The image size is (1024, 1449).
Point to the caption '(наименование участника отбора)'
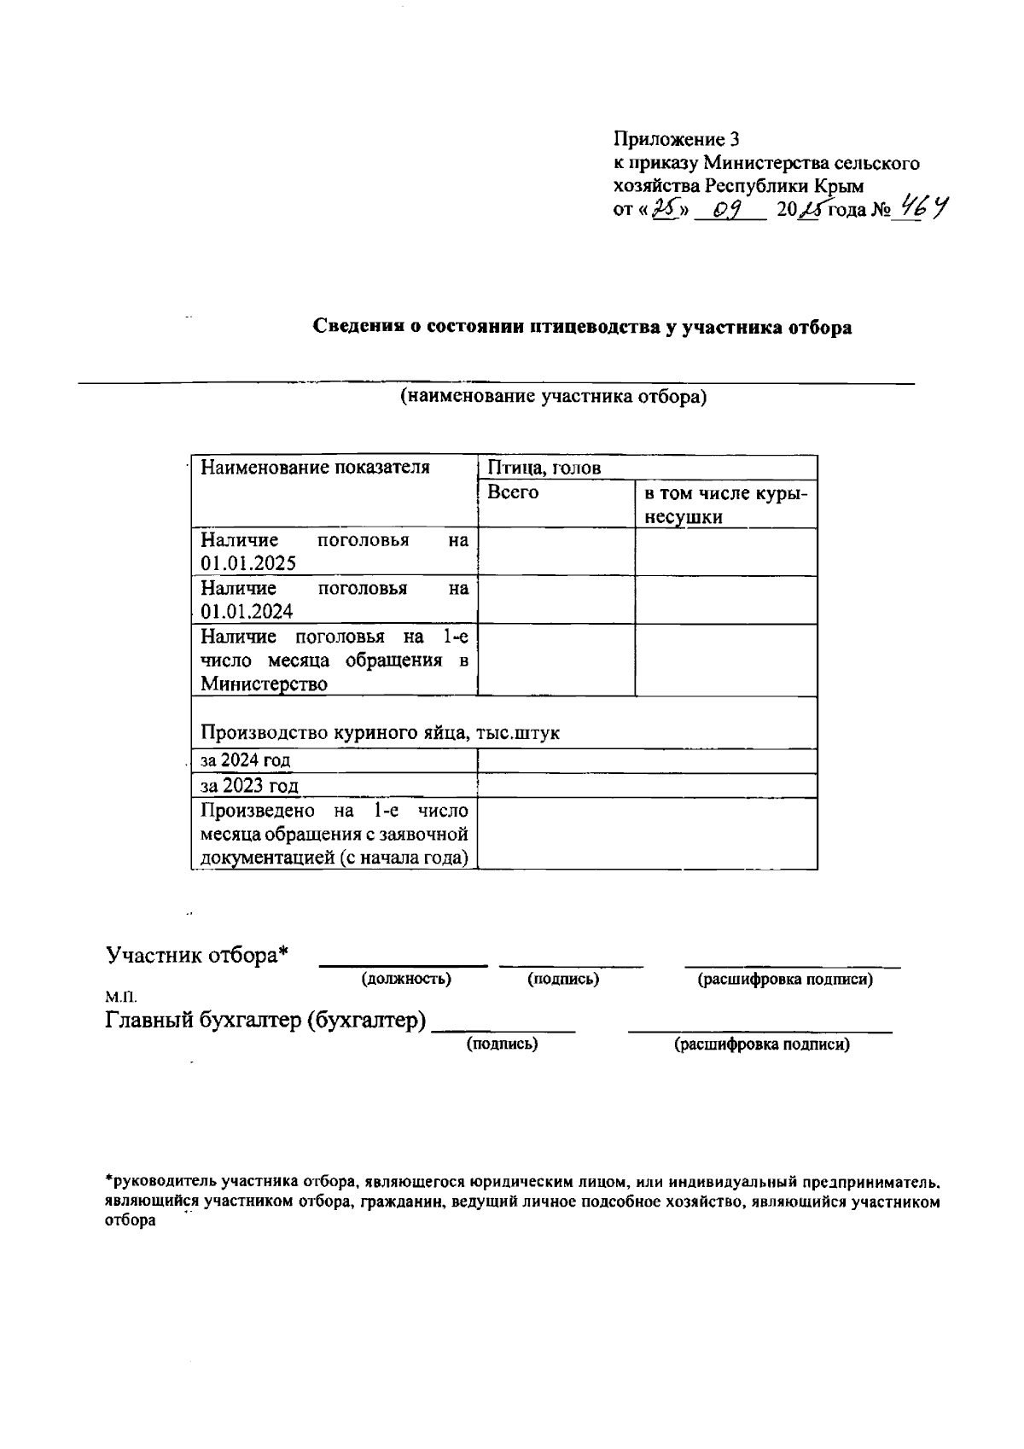pyautogui.click(x=555, y=396)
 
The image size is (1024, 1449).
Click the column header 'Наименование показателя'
pyautogui.click(x=315, y=468)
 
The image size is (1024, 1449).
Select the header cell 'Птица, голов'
pyautogui.click(x=544, y=468)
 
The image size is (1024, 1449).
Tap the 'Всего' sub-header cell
pyautogui.click(x=513, y=492)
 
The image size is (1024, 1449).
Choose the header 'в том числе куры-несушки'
pyautogui.click(x=725, y=504)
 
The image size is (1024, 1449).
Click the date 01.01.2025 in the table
pyautogui.click(x=248, y=563)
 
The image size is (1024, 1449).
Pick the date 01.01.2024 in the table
pyautogui.click(x=247, y=611)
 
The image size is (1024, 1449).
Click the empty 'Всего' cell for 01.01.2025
pyautogui.click(x=556, y=551)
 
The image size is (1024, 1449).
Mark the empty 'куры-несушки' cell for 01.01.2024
pyautogui.click(x=725, y=600)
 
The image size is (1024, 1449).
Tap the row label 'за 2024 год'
pyautogui.click(x=245, y=760)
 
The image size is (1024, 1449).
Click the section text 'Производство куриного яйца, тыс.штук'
pyautogui.click(x=381, y=733)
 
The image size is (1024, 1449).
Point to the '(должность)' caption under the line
pyautogui.click(x=406, y=979)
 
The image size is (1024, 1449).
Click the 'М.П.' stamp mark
pyautogui.click(x=120, y=997)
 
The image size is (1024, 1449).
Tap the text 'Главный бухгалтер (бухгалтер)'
pyautogui.click(x=265, y=1020)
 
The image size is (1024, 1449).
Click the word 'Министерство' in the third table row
pyautogui.click(x=265, y=684)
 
